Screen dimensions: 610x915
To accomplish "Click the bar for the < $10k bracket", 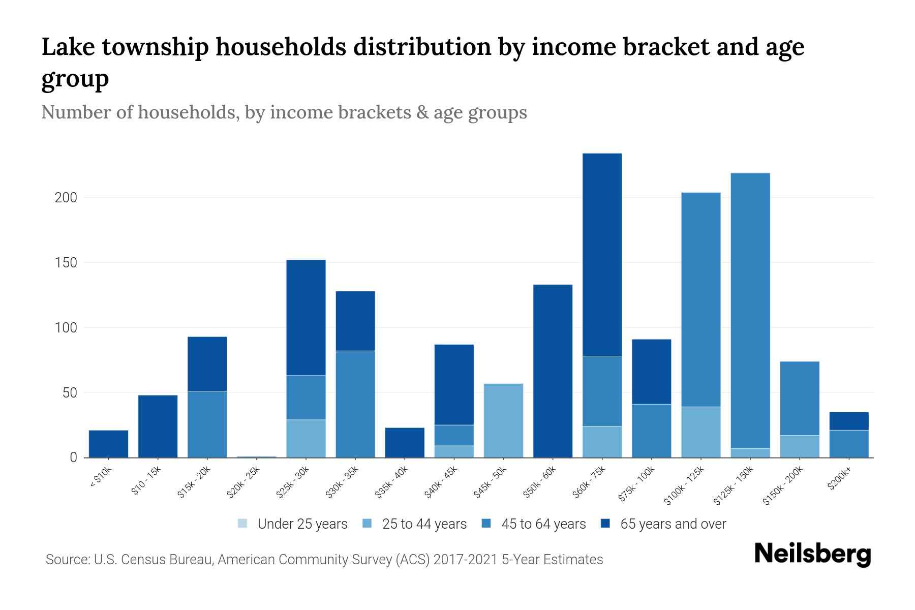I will coord(108,444).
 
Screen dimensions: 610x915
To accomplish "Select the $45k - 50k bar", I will coord(503,420).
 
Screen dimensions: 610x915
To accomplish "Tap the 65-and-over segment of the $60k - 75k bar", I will coord(602,254).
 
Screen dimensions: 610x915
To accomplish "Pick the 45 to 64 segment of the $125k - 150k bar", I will coord(750,310).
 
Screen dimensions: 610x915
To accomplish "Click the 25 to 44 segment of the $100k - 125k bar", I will coord(700,432).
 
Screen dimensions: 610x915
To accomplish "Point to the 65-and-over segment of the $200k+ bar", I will coord(848,421).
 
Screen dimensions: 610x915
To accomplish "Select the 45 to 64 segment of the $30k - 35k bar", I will coord(355,404).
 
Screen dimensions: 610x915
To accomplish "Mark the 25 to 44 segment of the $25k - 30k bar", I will coord(306,438).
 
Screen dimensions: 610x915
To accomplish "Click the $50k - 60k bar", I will coord(553,371).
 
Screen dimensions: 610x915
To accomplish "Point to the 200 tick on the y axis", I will coord(66,198).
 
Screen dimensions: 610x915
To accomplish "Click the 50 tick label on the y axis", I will coord(69,393).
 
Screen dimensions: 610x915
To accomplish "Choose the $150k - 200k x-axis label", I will coord(783,485).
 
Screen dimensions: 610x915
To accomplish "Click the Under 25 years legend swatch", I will coord(243,524).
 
